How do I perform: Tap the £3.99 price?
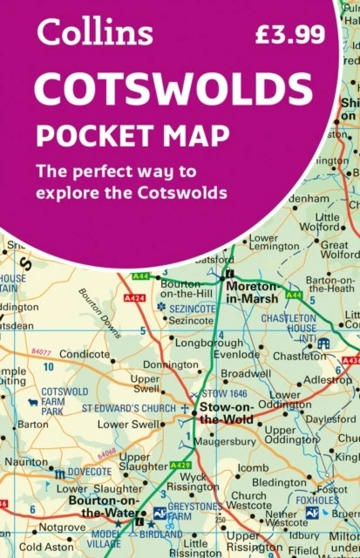click(289, 35)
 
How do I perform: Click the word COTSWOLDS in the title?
click(173, 90)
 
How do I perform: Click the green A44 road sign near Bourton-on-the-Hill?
click(141, 276)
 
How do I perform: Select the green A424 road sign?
click(135, 298)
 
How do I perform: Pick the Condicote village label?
click(85, 355)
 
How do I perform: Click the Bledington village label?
click(279, 482)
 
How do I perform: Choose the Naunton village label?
click(25, 461)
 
